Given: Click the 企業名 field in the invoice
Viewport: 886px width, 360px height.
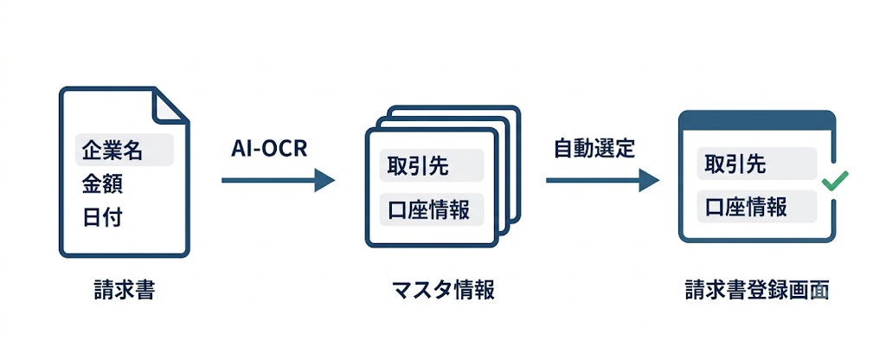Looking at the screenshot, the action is click(x=125, y=150).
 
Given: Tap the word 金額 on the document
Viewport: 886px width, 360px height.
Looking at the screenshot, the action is click(x=102, y=184).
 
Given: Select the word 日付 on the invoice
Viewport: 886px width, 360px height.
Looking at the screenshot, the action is click(x=102, y=217).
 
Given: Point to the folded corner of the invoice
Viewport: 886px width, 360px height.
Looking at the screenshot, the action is click(x=170, y=105).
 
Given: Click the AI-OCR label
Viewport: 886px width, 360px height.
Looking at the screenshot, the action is click(x=269, y=148).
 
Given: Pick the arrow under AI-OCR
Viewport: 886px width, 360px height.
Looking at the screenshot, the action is click(x=278, y=180).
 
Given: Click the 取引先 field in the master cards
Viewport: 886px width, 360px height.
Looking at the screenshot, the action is click(x=432, y=165).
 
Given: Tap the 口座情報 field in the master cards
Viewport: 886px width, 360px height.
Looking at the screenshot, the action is click(x=432, y=209).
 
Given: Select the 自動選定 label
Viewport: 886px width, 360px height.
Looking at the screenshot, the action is click(x=594, y=148).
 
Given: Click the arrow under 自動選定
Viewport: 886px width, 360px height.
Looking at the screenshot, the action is click(x=602, y=180).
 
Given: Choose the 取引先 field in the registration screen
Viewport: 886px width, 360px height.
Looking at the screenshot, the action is click(x=756, y=164).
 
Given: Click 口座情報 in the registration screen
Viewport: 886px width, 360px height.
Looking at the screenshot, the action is click(x=756, y=207).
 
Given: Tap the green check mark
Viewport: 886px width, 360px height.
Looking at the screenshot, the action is click(x=834, y=181).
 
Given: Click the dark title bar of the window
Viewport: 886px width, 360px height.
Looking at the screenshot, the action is click(x=756, y=120).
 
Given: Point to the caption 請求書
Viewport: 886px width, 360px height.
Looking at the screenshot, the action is click(x=125, y=290).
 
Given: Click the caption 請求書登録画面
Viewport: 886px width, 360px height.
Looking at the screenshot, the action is click(x=756, y=290).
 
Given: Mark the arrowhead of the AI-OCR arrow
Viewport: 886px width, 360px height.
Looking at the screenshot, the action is click(x=325, y=180).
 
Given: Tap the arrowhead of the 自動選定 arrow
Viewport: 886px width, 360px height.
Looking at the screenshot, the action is click(x=649, y=180).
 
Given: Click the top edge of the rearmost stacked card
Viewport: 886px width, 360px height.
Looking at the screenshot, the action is click(x=453, y=107).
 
